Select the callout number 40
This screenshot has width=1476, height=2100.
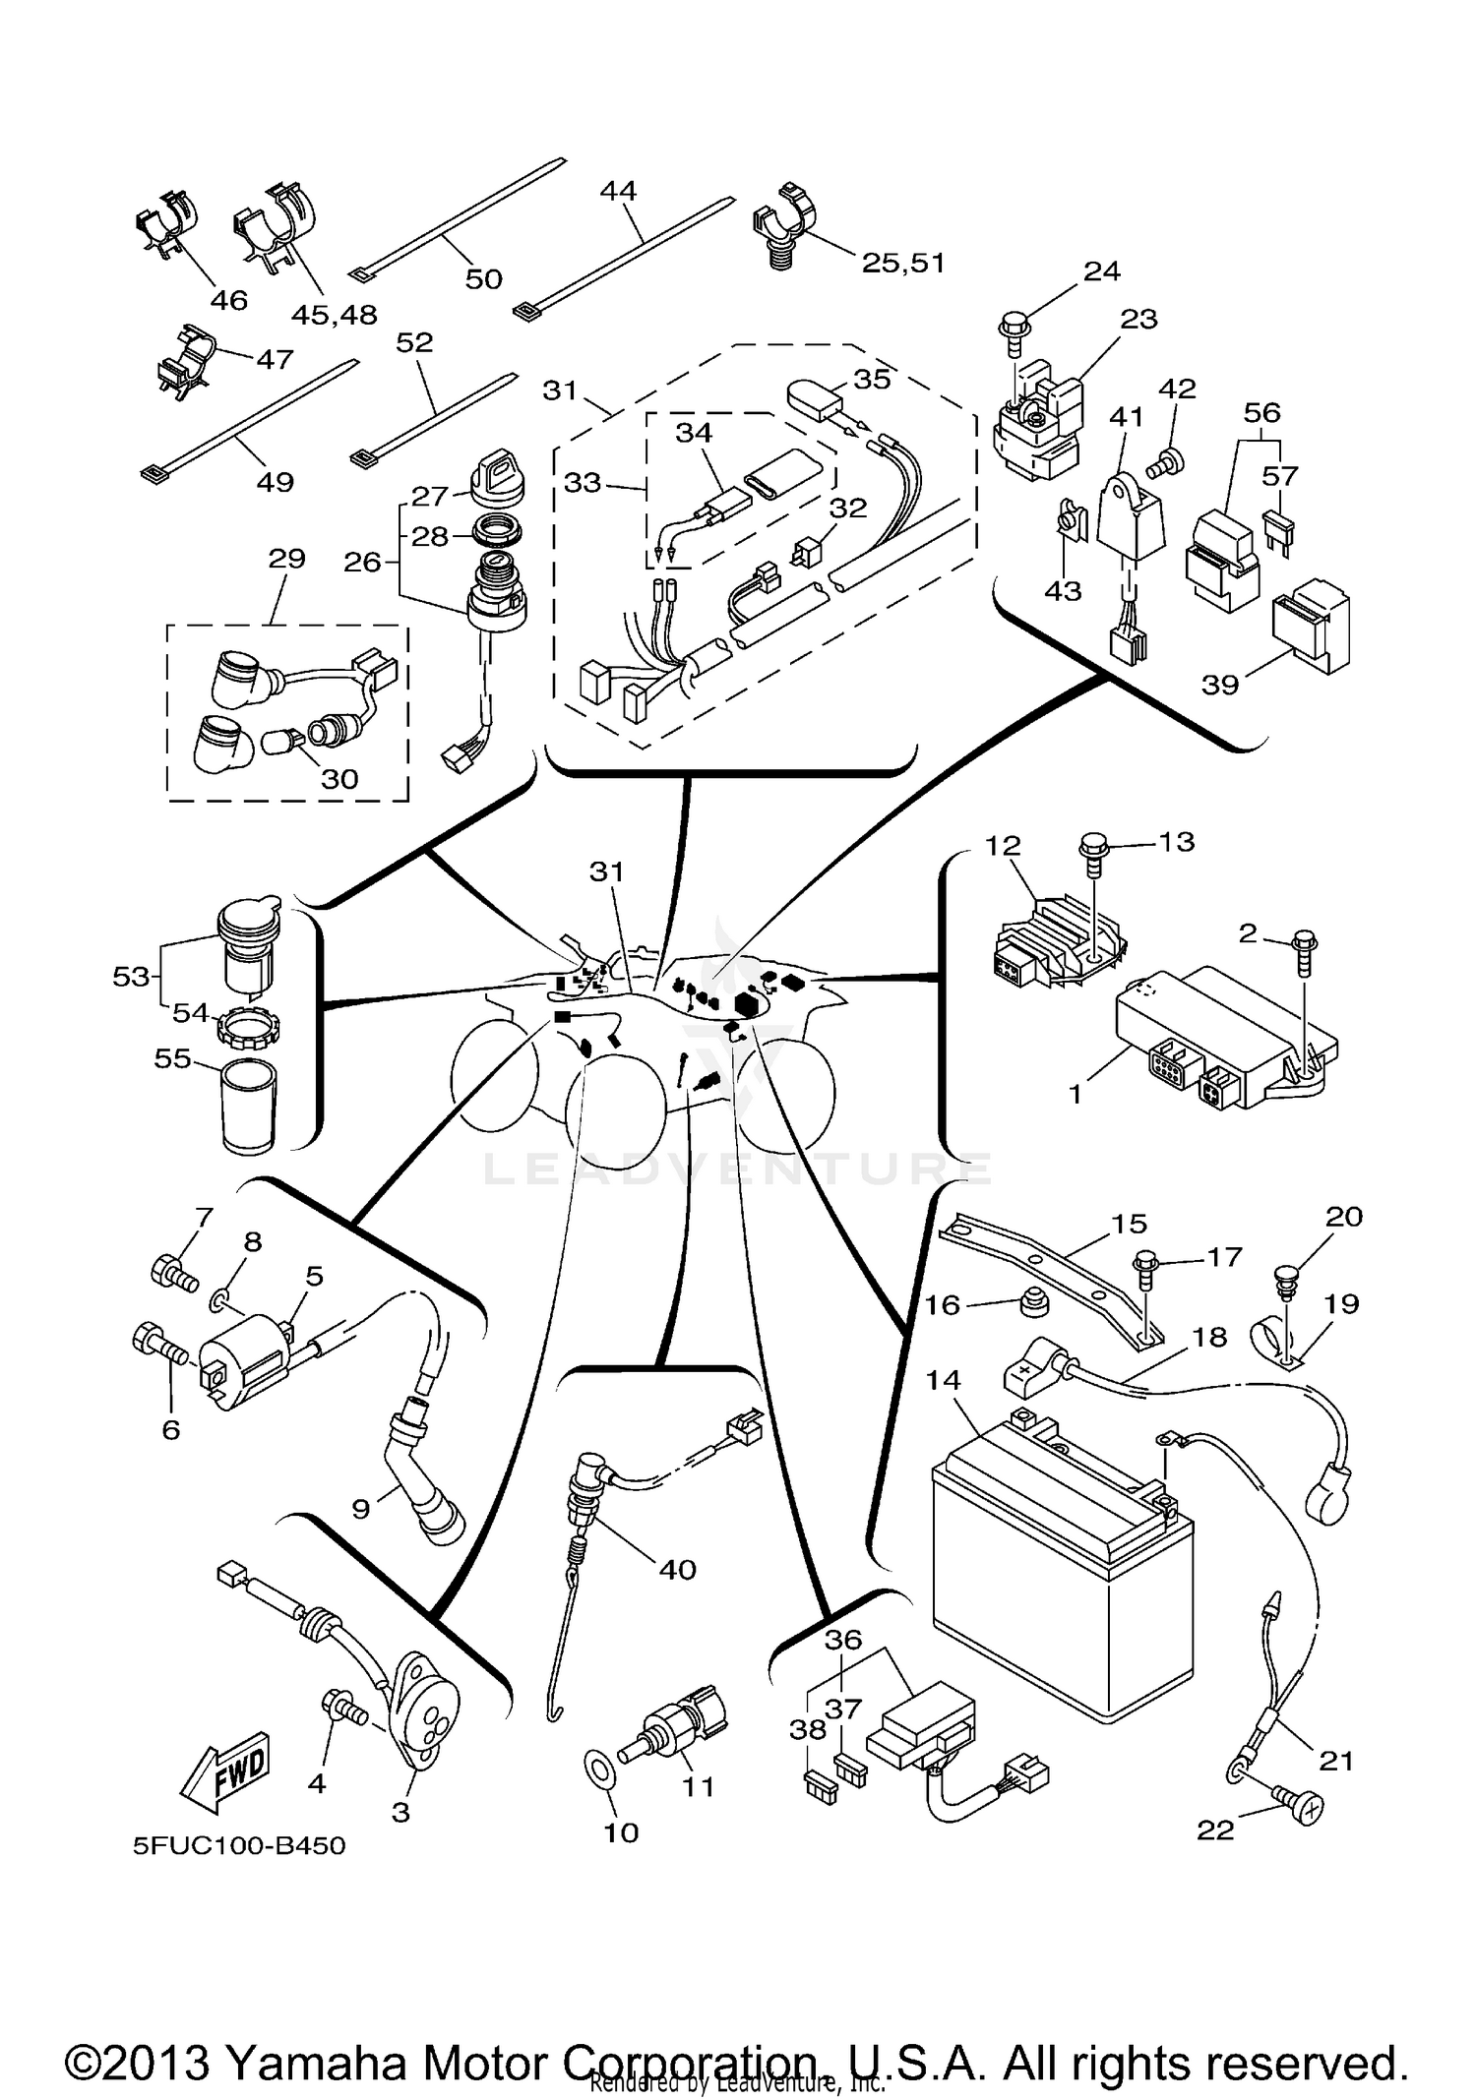(677, 1569)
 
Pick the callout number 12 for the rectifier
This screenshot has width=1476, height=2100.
(1003, 845)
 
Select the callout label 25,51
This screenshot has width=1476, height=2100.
(902, 263)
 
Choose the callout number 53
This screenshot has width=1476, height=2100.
(131, 977)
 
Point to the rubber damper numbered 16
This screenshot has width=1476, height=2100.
(1031, 1303)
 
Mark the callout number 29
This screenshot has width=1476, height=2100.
(286, 558)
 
